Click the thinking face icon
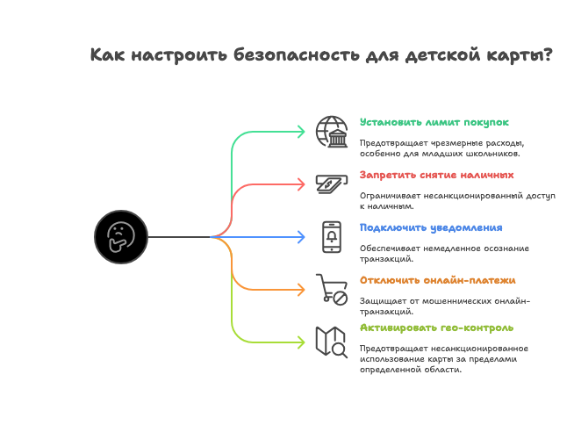(x=119, y=236)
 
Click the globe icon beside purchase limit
(x=332, y=131)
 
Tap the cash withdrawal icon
(x=332, y=184)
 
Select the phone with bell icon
(x=332, y=236)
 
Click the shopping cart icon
(x=332, y=289)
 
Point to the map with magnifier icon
(x=332, y=342)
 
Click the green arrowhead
(x=300, y=132)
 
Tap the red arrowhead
(x=300, y=184)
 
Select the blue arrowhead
(x=300, y=237)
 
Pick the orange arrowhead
(x=300, y=290)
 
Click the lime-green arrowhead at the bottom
(x=300, y=342)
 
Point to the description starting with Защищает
(x=444, y=306)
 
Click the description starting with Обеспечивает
(x=442, y=253)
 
